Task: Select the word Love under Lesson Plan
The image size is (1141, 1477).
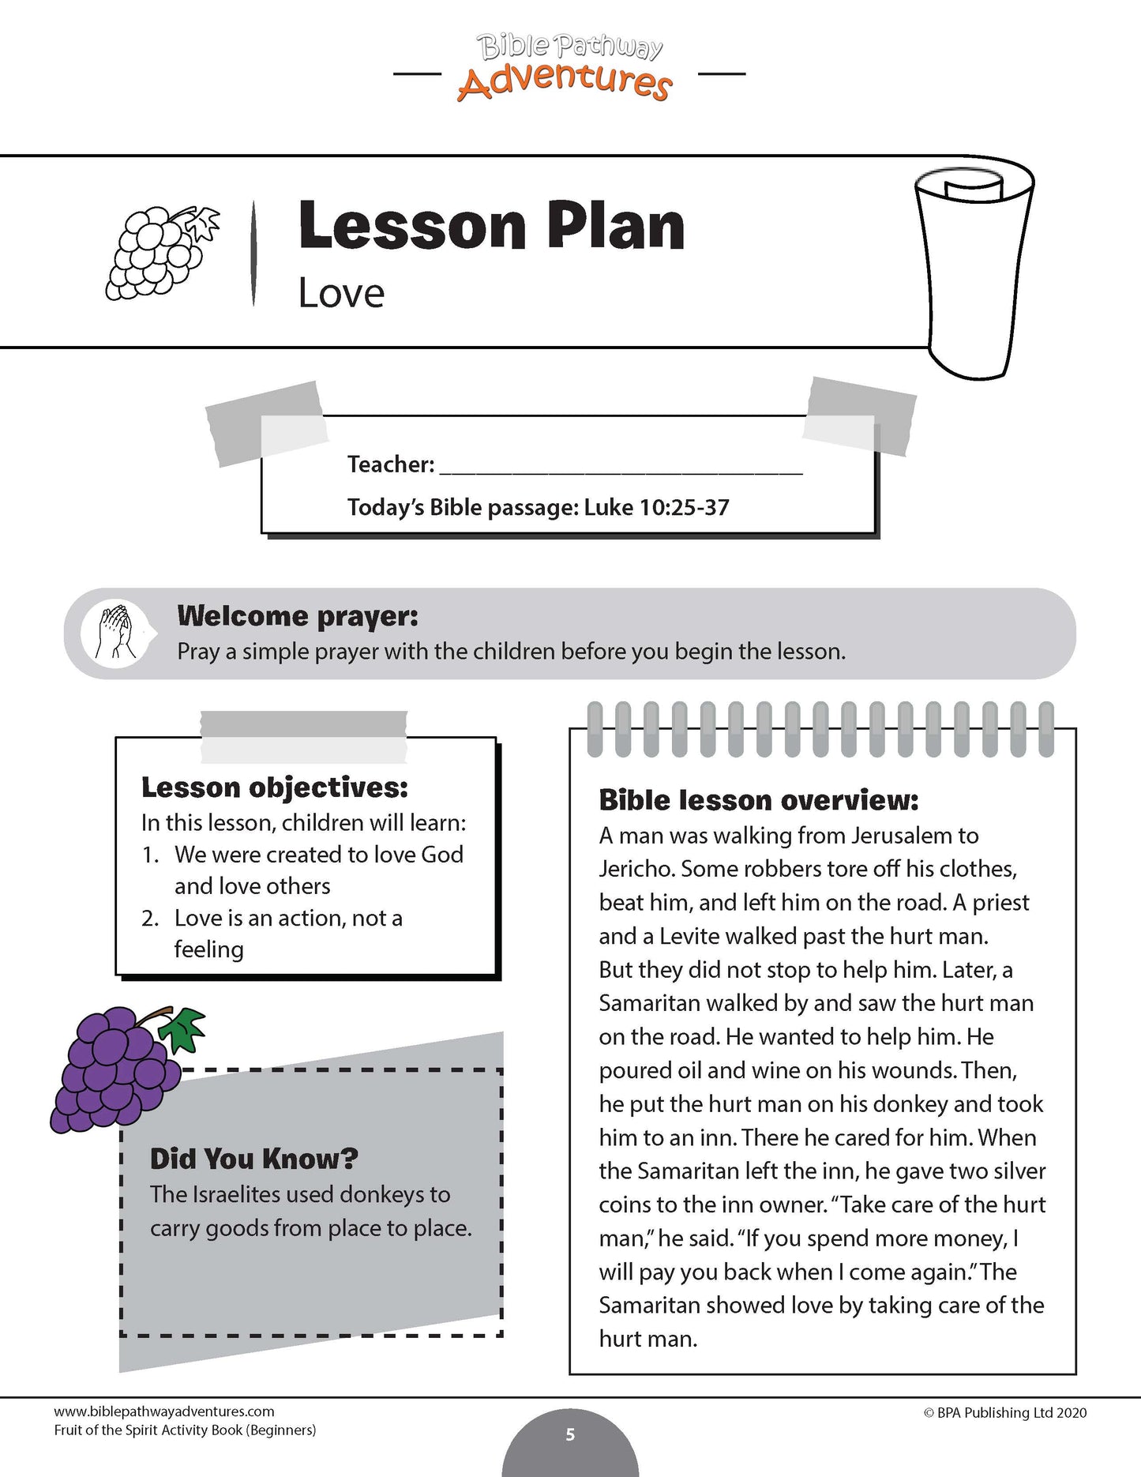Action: tap(341, 294)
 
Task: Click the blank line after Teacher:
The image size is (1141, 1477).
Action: tap(621, 465)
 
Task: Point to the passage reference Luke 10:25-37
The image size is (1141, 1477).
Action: tap(656, 507)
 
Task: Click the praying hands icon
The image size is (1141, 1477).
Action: tap(114, 633)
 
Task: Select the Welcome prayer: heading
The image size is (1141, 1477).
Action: tap(298, 615)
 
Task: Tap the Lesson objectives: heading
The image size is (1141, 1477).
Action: tap(275, 787)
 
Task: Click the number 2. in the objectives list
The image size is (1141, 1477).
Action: tap(151, 919)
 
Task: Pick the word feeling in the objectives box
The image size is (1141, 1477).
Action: tap(208, 949)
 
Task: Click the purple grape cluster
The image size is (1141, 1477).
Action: tap(114, 1066)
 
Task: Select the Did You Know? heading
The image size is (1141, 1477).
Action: tap(254, 1159)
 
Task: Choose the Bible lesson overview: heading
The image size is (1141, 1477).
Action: tap(759, 800)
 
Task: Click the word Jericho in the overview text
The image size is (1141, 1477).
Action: tap(636, 869)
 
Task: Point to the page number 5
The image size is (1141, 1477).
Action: tap(570, 1434)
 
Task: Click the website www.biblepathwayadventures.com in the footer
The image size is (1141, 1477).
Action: tap(164, 1411)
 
